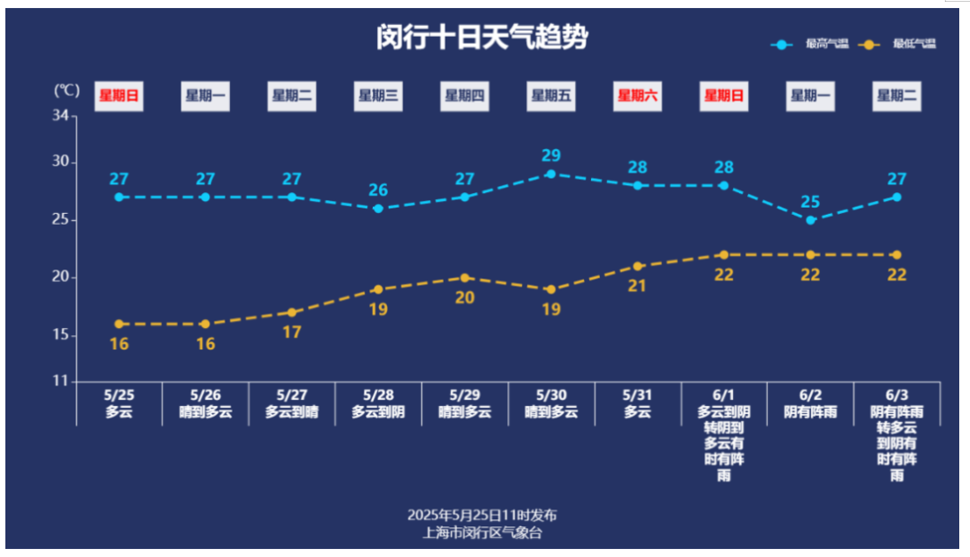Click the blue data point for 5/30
tap(551, 174)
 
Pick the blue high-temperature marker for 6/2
tap(810, 220)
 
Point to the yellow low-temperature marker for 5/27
tap(292, 313)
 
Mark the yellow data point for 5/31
tap(638, 266)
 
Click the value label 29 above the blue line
tap(551, 155)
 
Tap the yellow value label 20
tap(464, 297)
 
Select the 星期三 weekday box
tap(378, 95)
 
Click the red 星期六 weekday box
tap(638, 95)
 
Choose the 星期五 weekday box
tap(551, 95)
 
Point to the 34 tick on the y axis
tap(61, 116)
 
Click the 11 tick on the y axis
tap(61, 381)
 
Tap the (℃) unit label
tap(66, 91)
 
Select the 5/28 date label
tap(378, 395)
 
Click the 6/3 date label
tap(896, 395)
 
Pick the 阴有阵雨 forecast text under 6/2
tap(810, 412)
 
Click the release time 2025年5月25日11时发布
tap(482, 516)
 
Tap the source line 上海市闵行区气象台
tap(482, 532)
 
